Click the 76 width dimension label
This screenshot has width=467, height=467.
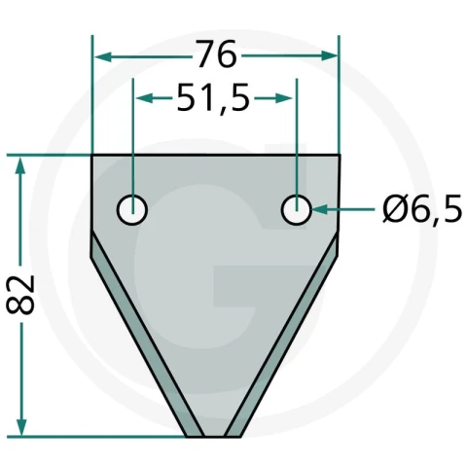point(216,54)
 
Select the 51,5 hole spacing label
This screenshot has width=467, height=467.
point(213,98)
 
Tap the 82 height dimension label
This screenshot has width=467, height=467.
point(20,295)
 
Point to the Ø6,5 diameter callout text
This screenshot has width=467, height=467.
point(422,208)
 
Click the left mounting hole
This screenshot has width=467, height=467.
point(132,210)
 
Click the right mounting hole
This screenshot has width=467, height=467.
point(297,210)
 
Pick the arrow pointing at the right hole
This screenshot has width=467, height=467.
point(343,210)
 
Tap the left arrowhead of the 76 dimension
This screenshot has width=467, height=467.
point(103,57)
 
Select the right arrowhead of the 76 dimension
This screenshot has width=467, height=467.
point(329,55)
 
